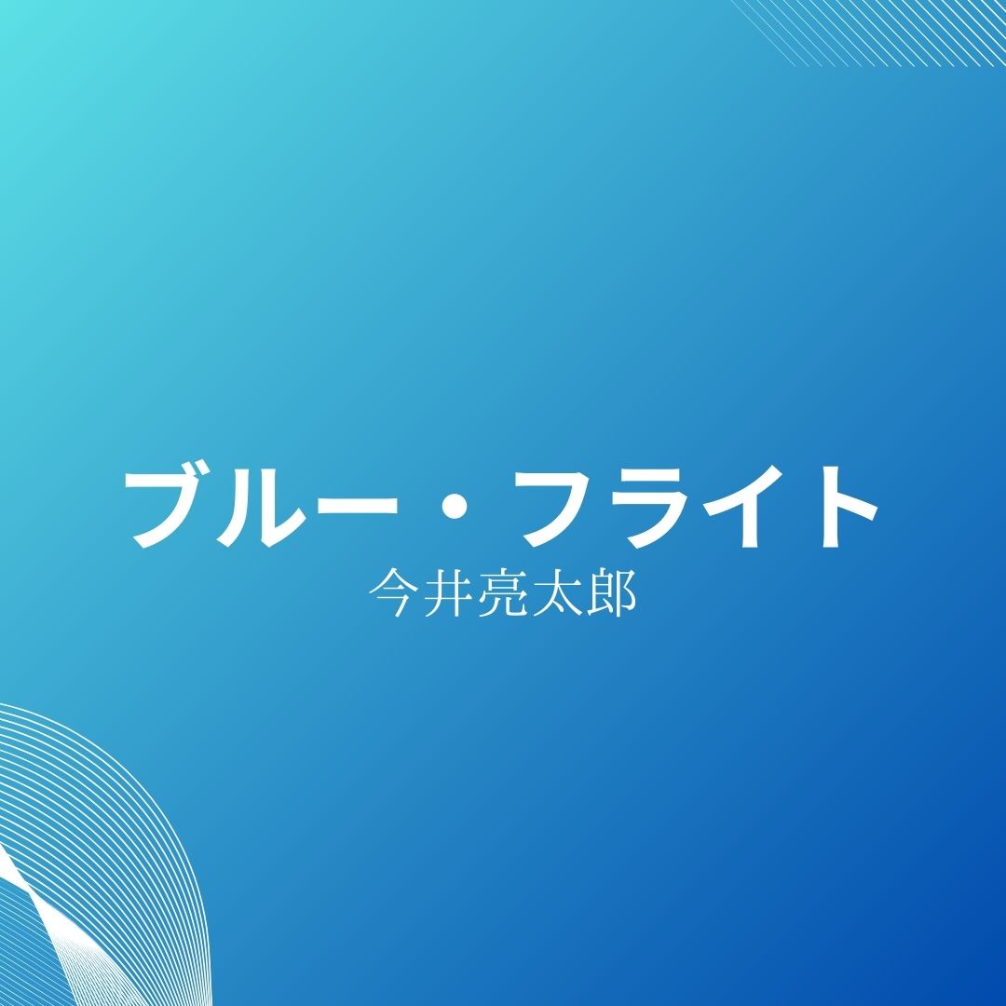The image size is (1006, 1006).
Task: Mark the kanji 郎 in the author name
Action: (x=611, y=592)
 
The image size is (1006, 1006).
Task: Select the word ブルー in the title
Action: (x=261, y=507)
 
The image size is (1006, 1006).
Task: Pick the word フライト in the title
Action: (x=700, y=508)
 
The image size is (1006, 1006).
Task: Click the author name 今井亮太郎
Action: (x=503, y=592)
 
